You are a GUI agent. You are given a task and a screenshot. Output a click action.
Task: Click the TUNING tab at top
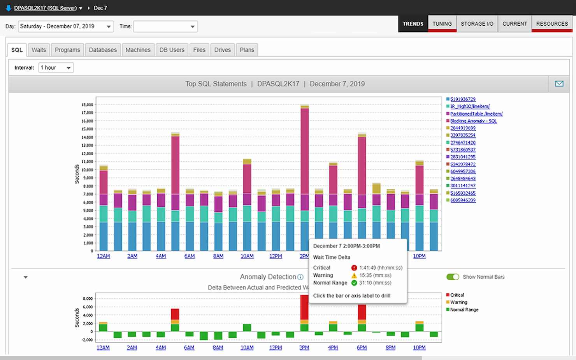pyautogui.click(x=442, y=24)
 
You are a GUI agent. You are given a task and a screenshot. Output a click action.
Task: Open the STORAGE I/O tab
pyautogui.click(x=477, y=24)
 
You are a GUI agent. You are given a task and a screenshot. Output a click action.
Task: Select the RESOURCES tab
pyautogui.click(x=552, y=24)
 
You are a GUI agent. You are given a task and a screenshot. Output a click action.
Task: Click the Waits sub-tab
pyautogui.click(x=39, y=50)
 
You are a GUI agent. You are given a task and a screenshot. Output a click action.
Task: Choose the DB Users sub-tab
pyautogui.click(x=172, y=50)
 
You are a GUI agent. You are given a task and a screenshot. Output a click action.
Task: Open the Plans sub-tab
pyautogui.click(x=247, y=50)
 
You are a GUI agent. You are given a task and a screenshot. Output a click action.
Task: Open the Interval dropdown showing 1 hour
pyautogui.click(x=56, y=68)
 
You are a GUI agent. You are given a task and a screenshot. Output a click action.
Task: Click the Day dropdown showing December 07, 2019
pyautogui.click(x=66, y=26)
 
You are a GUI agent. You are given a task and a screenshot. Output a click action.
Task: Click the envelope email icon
pyautogui.click(x=559, y=84)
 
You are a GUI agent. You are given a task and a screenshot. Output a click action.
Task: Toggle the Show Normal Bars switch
pyautogui.click(x=453, y=277)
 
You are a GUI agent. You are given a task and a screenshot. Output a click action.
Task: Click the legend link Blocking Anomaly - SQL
pyautogui.click(x=473, y=121)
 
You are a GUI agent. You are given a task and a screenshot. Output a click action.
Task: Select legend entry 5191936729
pyautogui.click(x=463, y=99)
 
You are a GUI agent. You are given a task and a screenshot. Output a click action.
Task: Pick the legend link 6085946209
pyautogui.click(x=463, y=200)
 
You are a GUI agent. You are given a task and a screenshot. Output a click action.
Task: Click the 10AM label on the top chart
pyautogui.click(x=247, y=256)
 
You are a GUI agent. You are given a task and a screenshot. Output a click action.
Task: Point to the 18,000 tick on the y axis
pyautogui.click(x=87, y=105)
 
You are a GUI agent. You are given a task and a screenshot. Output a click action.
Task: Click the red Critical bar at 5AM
pyautogui.click(x=175, y=314)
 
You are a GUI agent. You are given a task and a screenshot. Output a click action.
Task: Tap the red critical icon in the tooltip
pyautogui.click(x=354, y=268)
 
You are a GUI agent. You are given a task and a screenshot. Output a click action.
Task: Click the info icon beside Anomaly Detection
pyautogui.click(x=300, y=277)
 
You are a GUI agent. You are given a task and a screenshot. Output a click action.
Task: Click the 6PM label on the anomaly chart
pyautogui.click(x=362, y=348)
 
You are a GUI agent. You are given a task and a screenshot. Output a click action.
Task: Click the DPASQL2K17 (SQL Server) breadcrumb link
pyautogui.click(x=45, y=8)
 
